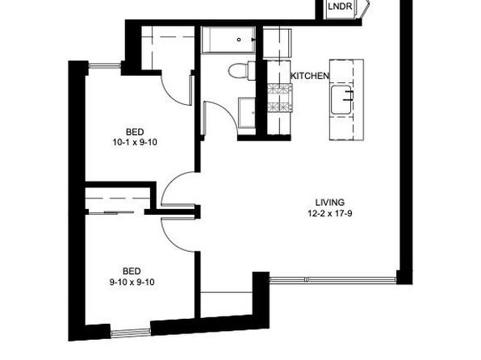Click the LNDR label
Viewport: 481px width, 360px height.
click(340, 6)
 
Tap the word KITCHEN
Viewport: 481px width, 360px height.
click(310, 76)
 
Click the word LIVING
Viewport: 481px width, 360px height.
click(330, 203)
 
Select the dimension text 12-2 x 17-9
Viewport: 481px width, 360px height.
click(330, 213)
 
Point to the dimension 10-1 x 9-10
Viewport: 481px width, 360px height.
click(135, 142)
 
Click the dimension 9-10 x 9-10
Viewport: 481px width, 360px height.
click(132, 282)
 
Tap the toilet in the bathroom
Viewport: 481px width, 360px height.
click(242, 71)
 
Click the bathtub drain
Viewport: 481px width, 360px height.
click(239, 40)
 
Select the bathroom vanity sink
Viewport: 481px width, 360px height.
click(247, 113)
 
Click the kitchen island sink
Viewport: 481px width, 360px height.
click(341, 99)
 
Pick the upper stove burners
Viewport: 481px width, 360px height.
click(279, 89)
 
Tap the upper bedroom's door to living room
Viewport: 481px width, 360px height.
click(178, 188)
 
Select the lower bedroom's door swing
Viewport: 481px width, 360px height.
click(178, 236)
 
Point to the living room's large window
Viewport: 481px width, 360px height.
click(333, 279)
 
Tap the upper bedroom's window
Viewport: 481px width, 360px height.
click(104, 65)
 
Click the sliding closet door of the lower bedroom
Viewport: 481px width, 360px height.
click(115, 212)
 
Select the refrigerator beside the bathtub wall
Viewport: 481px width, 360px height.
click(277, 44)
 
